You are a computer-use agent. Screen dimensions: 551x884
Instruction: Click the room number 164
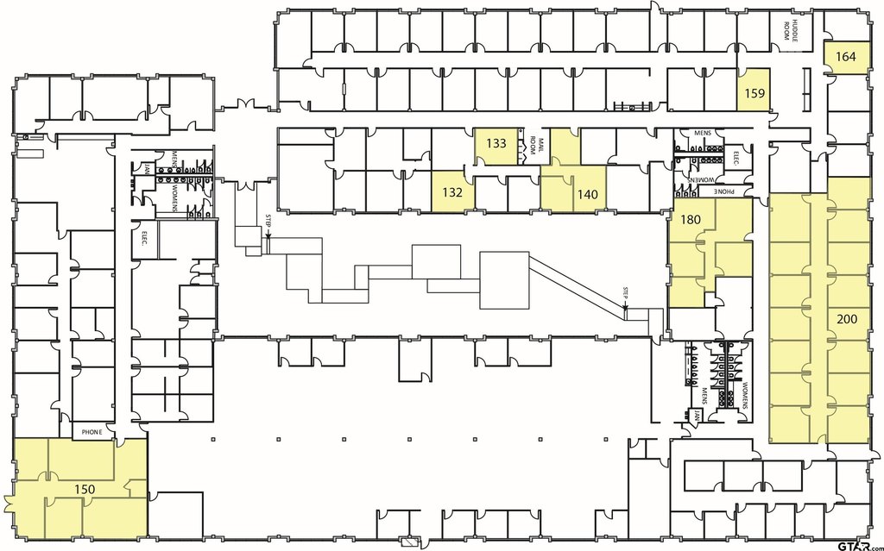tap(846, 57)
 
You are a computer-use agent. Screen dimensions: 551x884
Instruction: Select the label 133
tap(496, 143)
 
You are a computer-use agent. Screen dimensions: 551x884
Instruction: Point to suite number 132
tap(453, 192)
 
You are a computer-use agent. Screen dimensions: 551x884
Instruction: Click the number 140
tap(587, 194)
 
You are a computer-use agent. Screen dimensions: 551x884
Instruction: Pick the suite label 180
tap(690, 220)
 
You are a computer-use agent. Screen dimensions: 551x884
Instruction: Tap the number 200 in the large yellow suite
tap(848, 318)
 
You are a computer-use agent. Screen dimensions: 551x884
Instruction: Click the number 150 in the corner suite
tap(84, 489)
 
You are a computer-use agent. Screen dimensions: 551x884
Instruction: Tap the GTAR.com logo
tap(854, 544)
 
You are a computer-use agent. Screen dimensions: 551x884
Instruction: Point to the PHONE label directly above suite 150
tap(92, 431)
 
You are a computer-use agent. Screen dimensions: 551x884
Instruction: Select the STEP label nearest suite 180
tap(625, 293)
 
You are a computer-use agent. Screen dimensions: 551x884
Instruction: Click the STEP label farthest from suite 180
tap(268, 221)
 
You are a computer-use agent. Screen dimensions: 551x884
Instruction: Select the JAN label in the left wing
tap(148, 168)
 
